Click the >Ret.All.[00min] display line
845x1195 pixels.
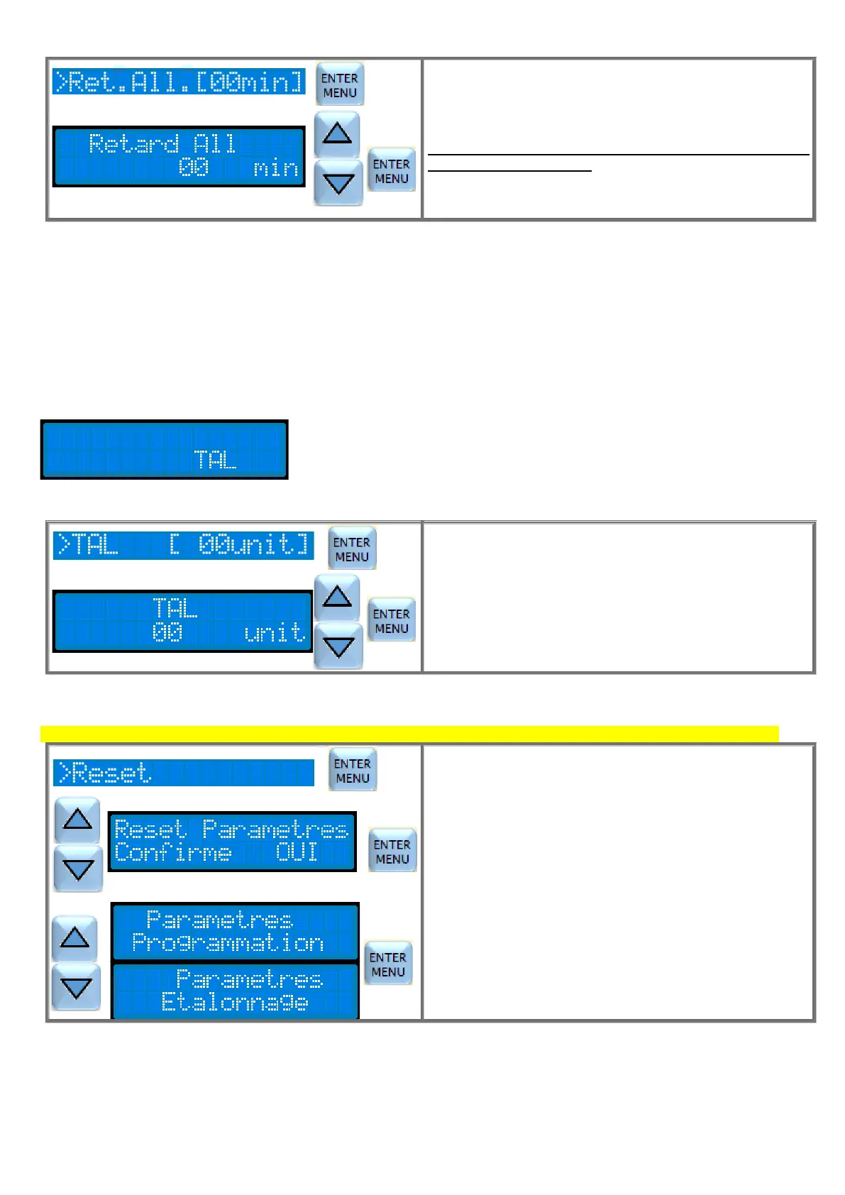(x=179, y=82)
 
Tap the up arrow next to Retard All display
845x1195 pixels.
(x=337, y=133)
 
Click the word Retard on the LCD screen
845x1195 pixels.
(x=133, y=144)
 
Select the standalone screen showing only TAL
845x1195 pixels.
(x=164, y=450)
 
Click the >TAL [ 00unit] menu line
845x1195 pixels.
(x=183, y=546)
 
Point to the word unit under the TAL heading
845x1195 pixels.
(x=274, y=632)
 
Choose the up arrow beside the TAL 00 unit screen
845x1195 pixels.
(x=337, y=597)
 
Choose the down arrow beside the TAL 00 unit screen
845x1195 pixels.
(x=338, y=646)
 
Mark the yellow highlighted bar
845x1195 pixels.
(x=409, y=734)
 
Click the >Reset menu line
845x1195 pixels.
(x=183, y=773)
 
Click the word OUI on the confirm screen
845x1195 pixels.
(x=297, y=852)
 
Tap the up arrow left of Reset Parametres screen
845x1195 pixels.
(x=77, y=820)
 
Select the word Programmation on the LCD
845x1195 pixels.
(x=228, y=943)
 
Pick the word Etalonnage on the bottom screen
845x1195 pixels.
(x=235, y=1002)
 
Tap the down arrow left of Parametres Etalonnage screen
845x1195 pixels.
(x=76, y=988)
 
